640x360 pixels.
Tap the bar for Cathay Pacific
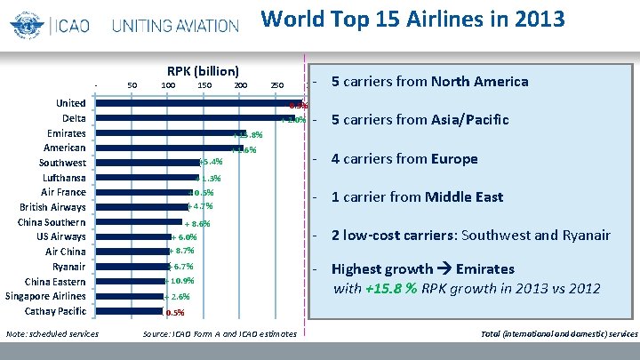pos(129,311)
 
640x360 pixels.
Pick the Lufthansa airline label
pos(61,178)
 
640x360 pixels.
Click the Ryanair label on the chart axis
pos(68,267)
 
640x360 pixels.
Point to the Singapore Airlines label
pos(45,296)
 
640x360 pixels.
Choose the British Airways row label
pos(52,207)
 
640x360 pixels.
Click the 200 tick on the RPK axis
pos(240,86)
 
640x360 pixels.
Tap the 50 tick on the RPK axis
pos(132,86)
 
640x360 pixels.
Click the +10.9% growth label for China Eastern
pos(180,281)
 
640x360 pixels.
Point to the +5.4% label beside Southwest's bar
pos(211,163)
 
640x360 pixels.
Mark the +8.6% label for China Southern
pos(196,223)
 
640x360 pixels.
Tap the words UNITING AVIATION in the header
pos(175,24)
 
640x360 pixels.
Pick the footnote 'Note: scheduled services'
pos(52,334)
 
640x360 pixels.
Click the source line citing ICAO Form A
pos(221,334)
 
